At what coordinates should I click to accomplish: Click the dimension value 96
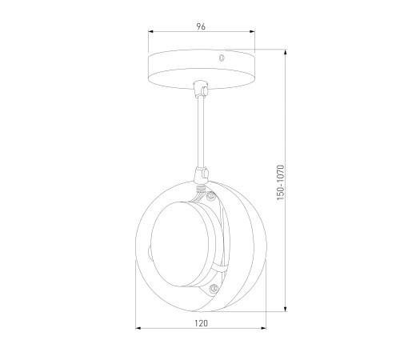pos(201,26)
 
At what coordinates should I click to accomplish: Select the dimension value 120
pos(201,323)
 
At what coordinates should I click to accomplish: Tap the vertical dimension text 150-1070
pos(281,182)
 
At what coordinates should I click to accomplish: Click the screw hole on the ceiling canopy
pos(221,58)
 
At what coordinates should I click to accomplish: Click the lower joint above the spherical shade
pos(202,174)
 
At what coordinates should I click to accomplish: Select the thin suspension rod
pos(201,131)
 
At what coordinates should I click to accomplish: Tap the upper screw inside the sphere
pos(211,196)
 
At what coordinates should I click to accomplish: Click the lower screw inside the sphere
pos(214,288)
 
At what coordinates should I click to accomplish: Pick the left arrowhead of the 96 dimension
pos(151,32)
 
